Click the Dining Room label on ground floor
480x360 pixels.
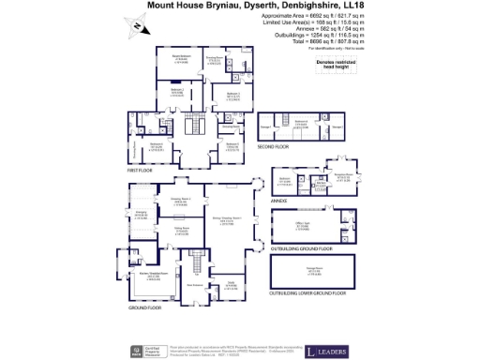click(x=174, y=231)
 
